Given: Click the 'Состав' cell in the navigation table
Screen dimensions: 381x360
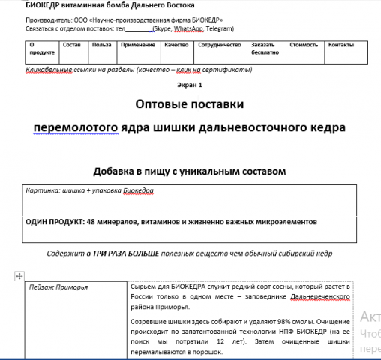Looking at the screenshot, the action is pos(71,46).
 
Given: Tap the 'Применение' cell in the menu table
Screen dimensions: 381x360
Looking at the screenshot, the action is pos(137,46).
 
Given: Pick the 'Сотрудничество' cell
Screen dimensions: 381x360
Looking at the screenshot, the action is pos(219,46).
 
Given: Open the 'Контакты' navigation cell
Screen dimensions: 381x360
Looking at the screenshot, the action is pos(341,46).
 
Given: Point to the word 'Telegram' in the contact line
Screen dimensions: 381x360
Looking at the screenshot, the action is pos(217,28).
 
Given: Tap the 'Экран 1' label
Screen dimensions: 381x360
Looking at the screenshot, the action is pos(190,85).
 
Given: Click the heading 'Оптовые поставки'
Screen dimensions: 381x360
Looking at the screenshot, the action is pos(190,103).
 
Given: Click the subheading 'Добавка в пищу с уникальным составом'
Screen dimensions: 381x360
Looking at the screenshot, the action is pos(190,172).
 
